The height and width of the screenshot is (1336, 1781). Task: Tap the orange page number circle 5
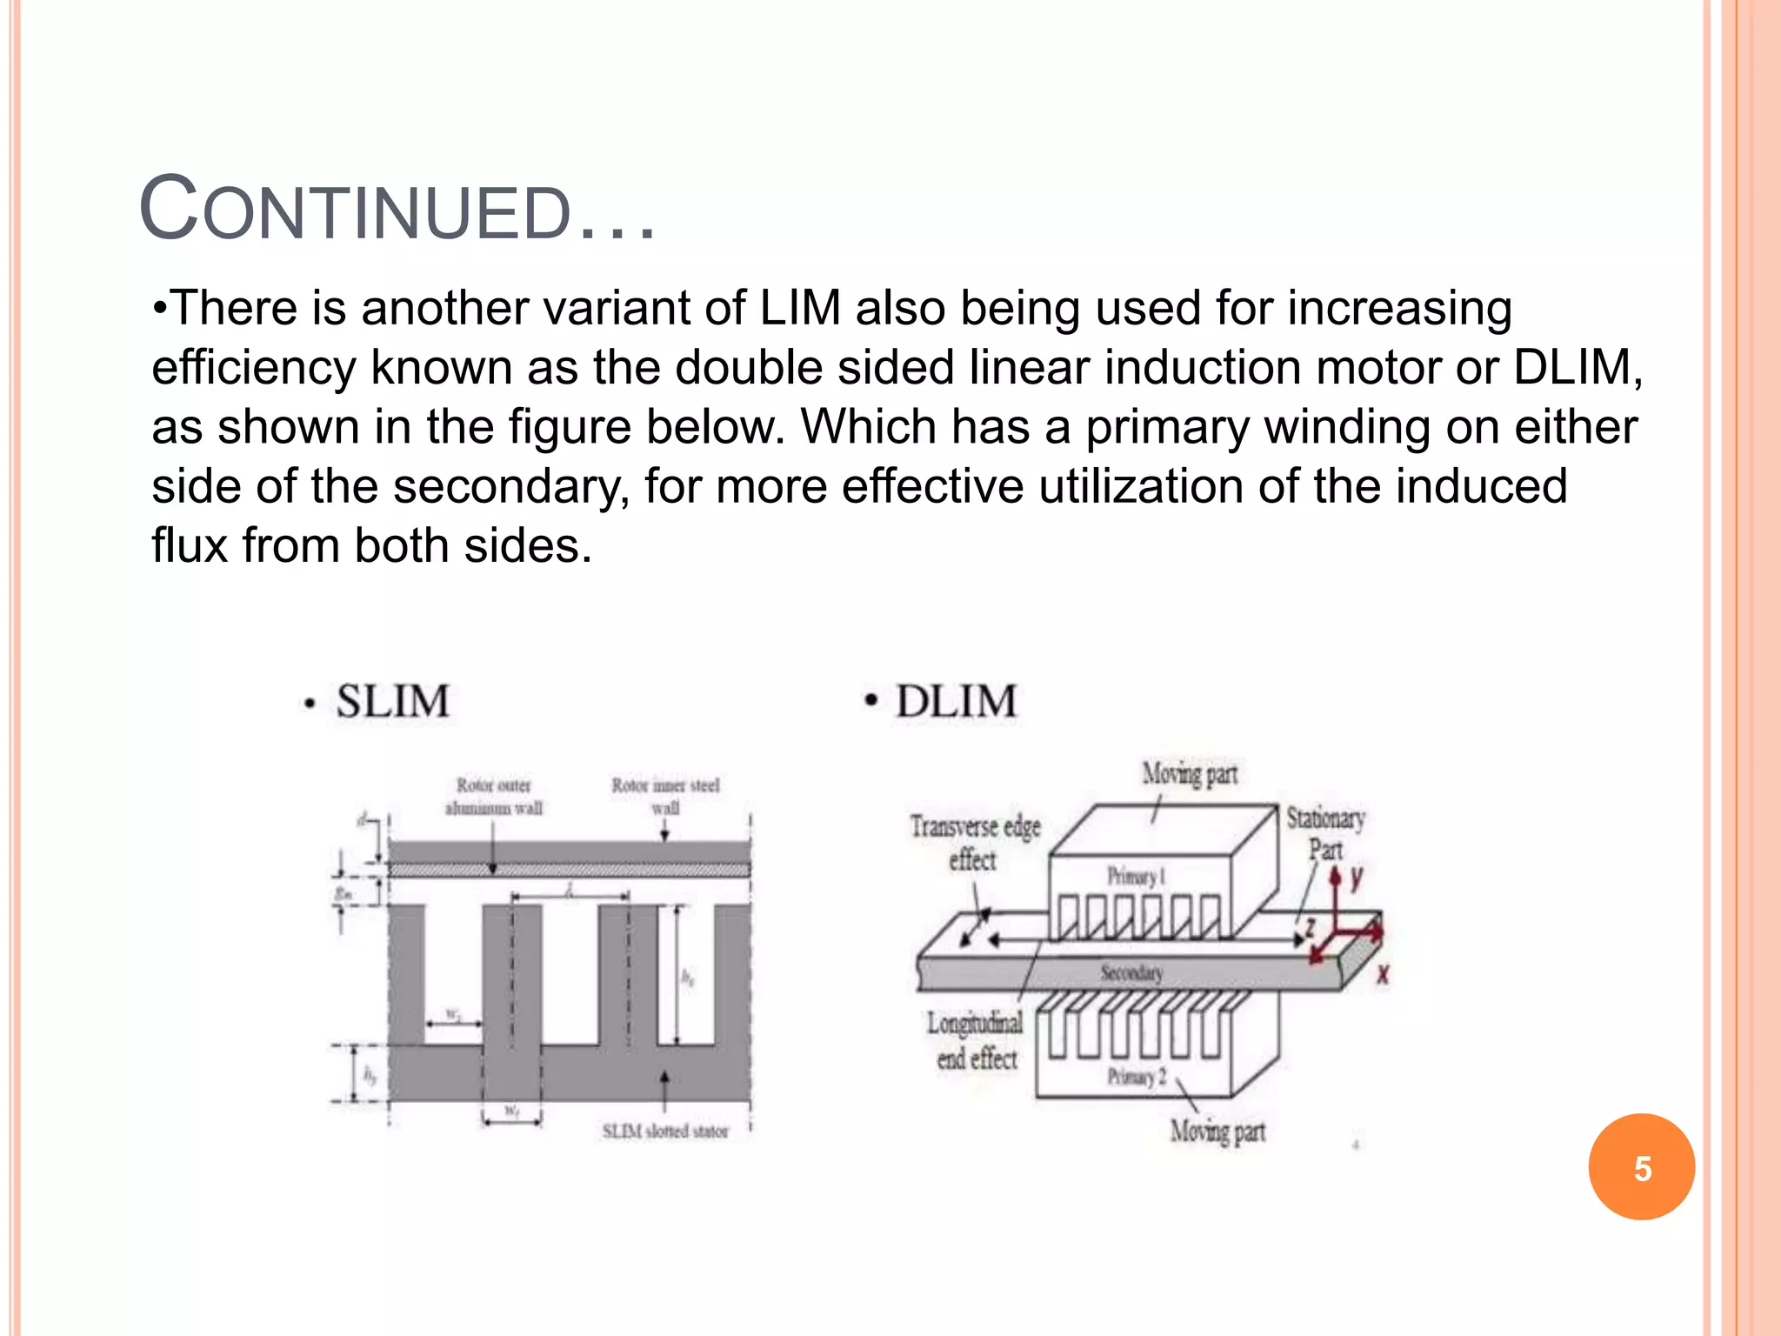(x=1641, y=1167)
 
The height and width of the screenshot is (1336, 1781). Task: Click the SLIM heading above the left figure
(x=392, y=701)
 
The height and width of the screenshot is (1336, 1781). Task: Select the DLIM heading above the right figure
(x=956, y=701)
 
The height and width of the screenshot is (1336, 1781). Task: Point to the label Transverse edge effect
(x=975, y=842)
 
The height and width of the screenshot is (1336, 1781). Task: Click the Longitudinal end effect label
(x=976, y=1040)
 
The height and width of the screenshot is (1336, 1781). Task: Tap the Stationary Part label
(x=1325, y=832)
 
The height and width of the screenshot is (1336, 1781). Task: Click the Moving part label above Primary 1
(x=1190, y=773)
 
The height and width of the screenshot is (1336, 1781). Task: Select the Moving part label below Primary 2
(x=1217, y=1132)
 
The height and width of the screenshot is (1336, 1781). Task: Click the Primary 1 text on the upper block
(x=1136, y=876)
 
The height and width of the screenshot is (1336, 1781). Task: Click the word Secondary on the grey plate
(x=1131, y=972)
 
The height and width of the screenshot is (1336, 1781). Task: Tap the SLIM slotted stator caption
(x=665, y=1131)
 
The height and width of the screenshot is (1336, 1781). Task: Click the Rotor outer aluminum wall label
(x=494, y=796)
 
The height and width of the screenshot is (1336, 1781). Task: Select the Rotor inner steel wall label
(x=665, y=796)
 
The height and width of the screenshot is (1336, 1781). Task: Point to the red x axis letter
(x=1383, y=975)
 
